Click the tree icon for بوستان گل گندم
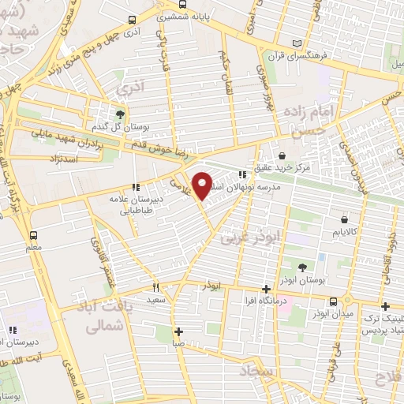[x=120, y=112]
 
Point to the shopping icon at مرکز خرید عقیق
[x=282, y=155]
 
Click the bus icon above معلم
[x=33, y=235]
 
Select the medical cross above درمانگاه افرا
[x=267, y=288]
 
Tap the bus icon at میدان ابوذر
[x=335, y=301]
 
